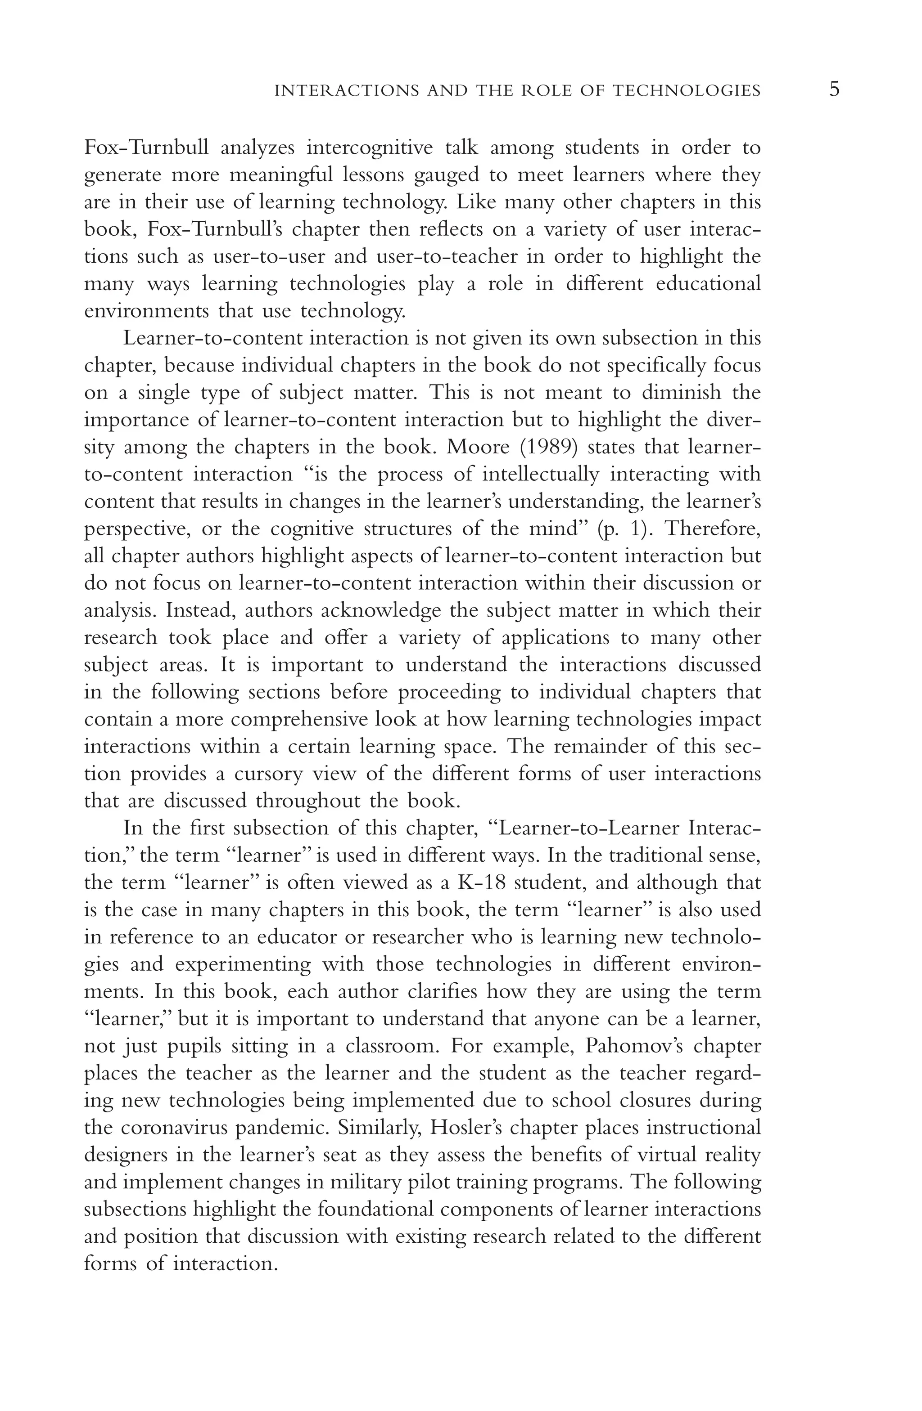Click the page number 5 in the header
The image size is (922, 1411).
(834, 90)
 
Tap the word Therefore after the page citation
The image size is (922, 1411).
(711, 528)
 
